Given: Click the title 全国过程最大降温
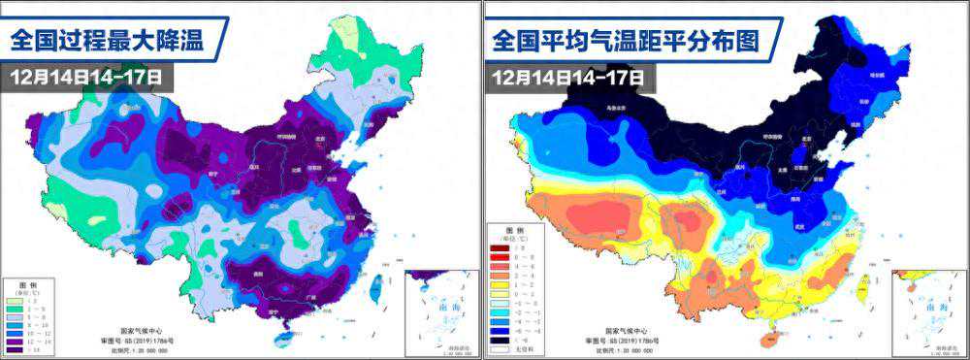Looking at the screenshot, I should click(x=114, y=40).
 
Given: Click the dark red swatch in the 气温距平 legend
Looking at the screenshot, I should click(x=499, y=246).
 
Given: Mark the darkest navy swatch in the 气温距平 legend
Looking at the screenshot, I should click(x=499, y=340).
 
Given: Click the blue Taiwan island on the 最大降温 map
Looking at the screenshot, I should click(x=376, y=286).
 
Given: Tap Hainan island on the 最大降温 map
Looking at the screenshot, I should click(x=284, y=339).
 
